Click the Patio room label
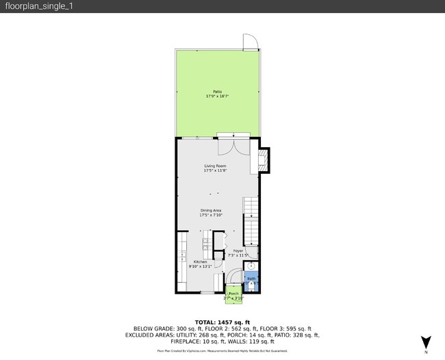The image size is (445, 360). (x=217, y=91)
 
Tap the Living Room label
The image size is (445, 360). (x=215, y=166)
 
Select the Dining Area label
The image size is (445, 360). (x=211, y=210)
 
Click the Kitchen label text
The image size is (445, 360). (x=200, y=262)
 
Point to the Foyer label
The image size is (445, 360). (x=238, y=250)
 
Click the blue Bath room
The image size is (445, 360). (x=251, y=280)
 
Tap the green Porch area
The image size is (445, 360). (x=233, y=294)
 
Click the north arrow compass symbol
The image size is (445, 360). (x=426, y=342)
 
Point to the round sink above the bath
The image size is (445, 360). (x=251, y=266)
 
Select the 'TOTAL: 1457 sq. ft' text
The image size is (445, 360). (x=222, y=322)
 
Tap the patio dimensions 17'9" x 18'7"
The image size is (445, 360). (x=217, y=97)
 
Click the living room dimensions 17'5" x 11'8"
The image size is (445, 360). (x=215, y=171)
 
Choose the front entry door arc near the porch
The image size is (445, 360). (x=232, y=277)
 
